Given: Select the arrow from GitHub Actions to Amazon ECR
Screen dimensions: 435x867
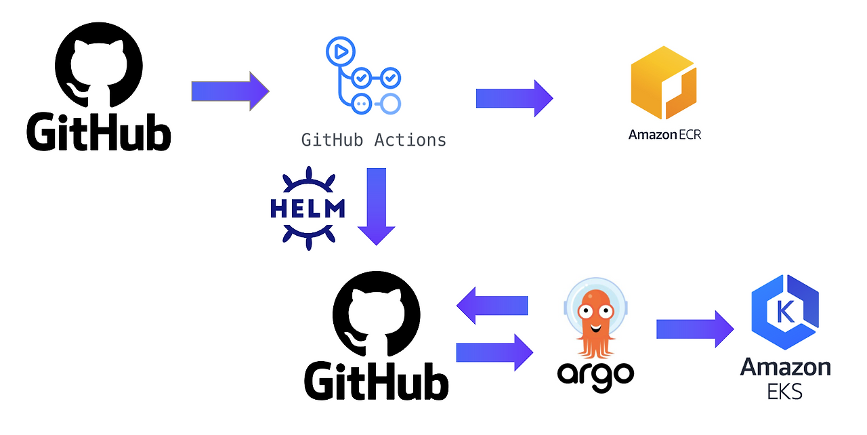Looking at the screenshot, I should tap(514, 98).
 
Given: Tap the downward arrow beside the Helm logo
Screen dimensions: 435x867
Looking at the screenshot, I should tap(376, 206).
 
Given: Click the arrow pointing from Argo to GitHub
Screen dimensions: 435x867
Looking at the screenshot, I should tap(492, 306).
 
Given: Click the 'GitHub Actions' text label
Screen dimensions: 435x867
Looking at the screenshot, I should tap(374, 140).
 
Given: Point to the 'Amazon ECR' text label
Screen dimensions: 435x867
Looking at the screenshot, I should tap(664, 134).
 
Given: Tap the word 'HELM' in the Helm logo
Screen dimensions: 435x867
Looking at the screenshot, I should tap(308, 209).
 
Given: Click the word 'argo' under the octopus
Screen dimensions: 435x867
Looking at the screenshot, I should tap(595, 373).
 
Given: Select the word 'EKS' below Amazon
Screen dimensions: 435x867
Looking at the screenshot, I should tap(785, 391).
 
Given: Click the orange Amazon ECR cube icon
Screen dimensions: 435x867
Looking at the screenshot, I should tap(663, 83).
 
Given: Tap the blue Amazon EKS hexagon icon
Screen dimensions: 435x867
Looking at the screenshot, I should tap(785, 312).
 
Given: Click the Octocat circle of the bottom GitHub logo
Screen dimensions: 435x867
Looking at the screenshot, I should tap(376, 314).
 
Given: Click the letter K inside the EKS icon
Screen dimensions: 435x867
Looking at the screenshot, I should tap(786, 312).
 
